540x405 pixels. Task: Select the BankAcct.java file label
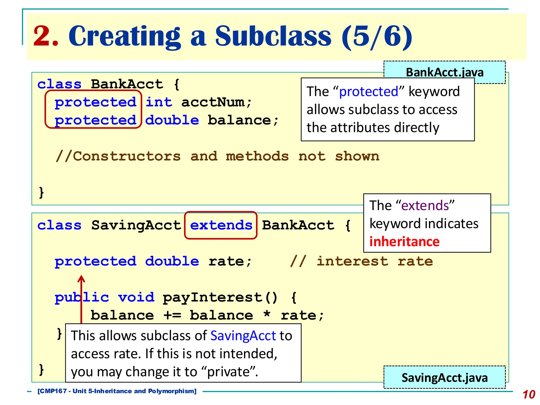tap(445, 72)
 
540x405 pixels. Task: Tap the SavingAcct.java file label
tap(445, 378)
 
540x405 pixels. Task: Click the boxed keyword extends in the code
tap(221, 225)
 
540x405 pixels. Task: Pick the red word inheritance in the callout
tap(404, 242)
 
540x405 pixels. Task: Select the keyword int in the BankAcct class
tap(159, 102)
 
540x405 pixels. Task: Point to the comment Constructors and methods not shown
tap(218, 156)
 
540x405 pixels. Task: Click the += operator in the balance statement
tap(172, 316)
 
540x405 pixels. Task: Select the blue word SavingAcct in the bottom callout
tap(243, 336)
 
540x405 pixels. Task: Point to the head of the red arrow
tap(81, 278)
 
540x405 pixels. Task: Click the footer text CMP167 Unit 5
tap(117, 391)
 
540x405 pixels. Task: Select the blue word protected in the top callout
tap(368, 92)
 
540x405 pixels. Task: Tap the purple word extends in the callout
tap(425, 205)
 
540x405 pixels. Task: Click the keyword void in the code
tap(136, 298)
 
